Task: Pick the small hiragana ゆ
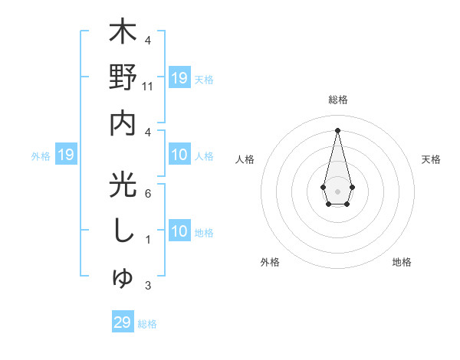[123, 279]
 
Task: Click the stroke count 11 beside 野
[148, 87]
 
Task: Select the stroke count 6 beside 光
[148, 193]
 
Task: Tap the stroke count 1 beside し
[148, 240]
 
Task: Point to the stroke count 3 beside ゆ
[148, 286]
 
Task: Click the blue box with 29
[123, 322]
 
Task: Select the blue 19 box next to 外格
[66, 155]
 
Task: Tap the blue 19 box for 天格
[179, 78]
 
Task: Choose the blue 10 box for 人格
[179, 155]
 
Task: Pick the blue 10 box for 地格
[179, 232]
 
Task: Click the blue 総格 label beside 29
[147, 324]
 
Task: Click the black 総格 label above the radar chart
[337, 100]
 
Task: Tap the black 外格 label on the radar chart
[270, 262]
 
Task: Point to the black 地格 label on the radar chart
[402, 262]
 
